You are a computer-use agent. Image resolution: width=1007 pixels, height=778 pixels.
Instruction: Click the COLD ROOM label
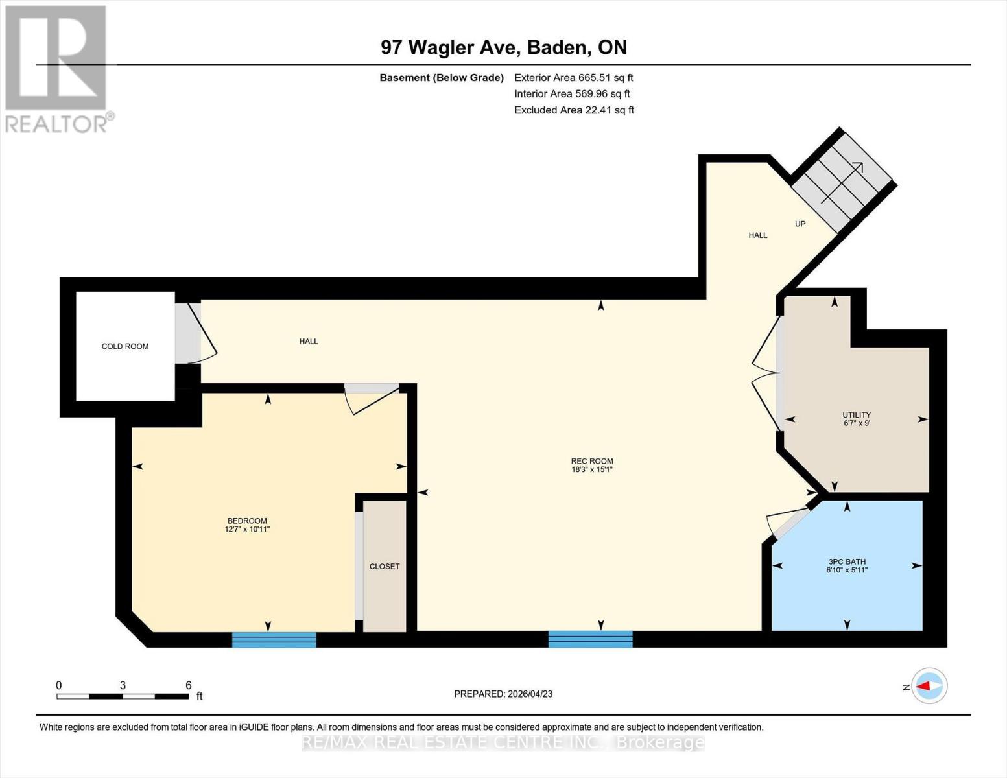(x=125, y=346)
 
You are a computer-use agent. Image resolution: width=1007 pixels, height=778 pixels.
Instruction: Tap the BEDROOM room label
(x=247, y=521)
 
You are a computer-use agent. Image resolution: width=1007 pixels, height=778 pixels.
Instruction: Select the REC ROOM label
(x=592, y=461)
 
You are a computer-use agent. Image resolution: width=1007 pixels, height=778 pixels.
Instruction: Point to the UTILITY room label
(x=857, y=415)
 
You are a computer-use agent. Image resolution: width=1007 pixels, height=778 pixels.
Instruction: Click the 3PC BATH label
(x=847, y=561)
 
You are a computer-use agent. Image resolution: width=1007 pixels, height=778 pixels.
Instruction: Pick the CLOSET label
(x=385, y=566)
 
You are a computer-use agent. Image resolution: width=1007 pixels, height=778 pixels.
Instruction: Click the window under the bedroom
(x=274, y=640)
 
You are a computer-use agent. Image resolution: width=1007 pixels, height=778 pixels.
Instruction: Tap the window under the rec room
(x=590, y=639)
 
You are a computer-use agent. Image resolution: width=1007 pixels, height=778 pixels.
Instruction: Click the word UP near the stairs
(x=800, y=224)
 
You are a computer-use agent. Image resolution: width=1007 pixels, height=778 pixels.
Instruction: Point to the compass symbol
(x=929, y=685)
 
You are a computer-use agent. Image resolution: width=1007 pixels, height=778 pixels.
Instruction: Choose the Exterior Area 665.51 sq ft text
(x=573, y=77)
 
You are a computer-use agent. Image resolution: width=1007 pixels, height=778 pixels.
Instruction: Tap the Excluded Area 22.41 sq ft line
(x=574, y=110)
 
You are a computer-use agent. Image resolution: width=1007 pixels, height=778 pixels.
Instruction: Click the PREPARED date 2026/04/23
(x=503, y=694)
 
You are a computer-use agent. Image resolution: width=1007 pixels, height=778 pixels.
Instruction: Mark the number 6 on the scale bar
(x=189, y=685)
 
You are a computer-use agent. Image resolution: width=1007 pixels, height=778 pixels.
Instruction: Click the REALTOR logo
(x=57, y=68)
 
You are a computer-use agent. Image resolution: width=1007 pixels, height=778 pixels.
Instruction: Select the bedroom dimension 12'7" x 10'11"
(x=247, y=530)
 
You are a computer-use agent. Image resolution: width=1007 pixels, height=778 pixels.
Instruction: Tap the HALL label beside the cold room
(x=309, y=341)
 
